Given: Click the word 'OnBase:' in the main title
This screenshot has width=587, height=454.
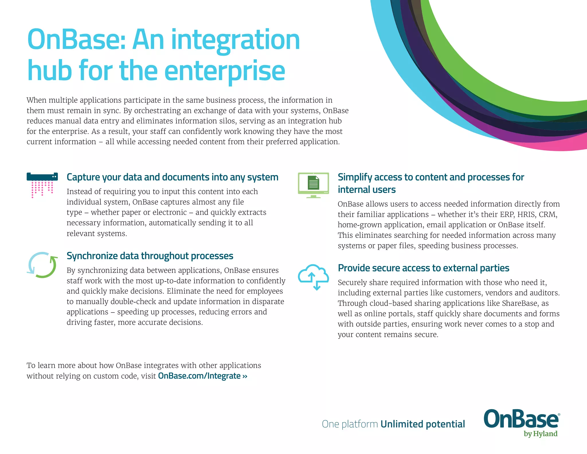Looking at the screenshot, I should [x=76, y=40].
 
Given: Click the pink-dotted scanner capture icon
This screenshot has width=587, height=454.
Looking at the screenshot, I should [x=42, y=185].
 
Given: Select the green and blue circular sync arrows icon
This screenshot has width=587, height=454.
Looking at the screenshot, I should [x=42, y=265].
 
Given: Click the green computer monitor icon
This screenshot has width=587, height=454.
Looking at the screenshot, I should [x=313, y=185].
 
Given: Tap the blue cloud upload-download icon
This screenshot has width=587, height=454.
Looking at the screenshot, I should [x=313, y=277].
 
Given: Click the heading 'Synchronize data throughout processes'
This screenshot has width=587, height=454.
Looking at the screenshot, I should [x=150, y=256].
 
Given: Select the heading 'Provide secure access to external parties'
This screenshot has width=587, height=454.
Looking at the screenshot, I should [x=423, y=268].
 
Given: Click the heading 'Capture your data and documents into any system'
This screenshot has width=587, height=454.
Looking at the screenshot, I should [x=172, y=177].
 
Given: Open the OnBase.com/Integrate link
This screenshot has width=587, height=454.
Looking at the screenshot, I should [x=202, y=376].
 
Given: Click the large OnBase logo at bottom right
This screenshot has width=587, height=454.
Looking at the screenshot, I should [x=521, y=419].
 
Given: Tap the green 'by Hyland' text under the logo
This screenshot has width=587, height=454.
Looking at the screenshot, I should [x=540, y=434].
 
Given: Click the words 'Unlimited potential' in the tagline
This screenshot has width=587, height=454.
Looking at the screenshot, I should [x=422, y=424].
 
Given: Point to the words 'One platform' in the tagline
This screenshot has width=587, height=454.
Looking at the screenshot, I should [x=350, y=424].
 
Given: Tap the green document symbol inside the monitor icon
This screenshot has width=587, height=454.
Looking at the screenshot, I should [x=313, y=183].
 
